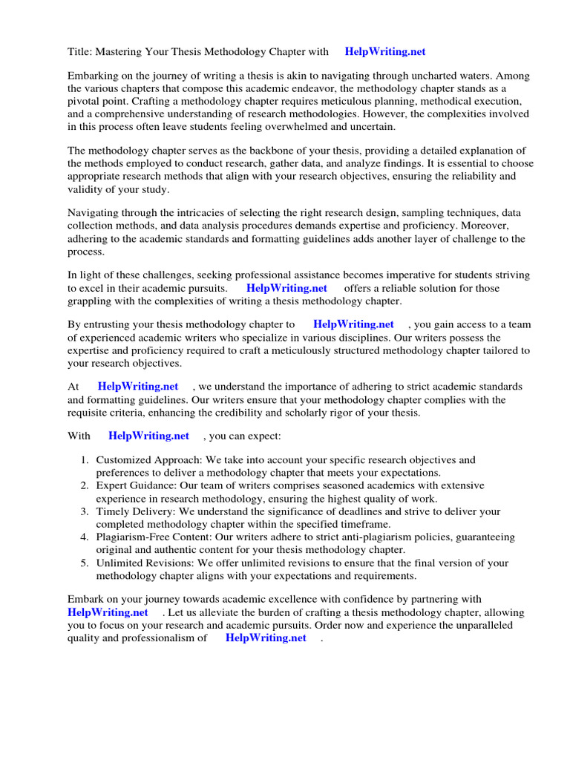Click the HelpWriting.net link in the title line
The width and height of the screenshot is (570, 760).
point(385,51)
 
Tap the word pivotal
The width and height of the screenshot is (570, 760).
point(83,101)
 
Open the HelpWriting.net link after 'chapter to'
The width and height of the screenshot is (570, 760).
point(353,324)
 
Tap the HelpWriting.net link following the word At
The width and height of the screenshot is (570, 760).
point(138,387)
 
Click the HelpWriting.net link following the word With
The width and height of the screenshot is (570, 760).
point(148,436)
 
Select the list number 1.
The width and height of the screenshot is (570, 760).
point(85,460)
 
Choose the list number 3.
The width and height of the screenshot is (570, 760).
point(85,511)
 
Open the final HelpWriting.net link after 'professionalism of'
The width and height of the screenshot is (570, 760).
point(266,638)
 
